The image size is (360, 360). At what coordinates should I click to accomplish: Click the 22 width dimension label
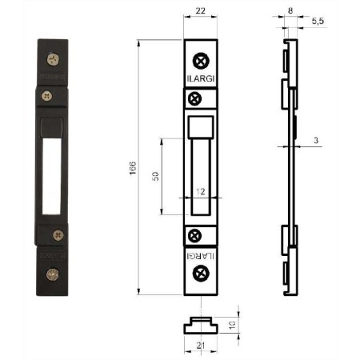[x=201, y=10]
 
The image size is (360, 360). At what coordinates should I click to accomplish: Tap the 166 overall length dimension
[x=133, y=168]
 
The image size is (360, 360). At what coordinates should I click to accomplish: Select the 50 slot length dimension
[x=155, y=176]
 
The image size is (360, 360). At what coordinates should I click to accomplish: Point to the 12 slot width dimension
[x=201, y=191]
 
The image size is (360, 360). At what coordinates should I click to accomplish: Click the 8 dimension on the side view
[x=290, y=10]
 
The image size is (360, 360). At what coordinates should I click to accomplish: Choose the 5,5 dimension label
[x=318, y=21]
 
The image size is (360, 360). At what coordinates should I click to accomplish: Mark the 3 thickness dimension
[x=316, y=140]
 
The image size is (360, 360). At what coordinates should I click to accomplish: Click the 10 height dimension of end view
[x=232, y=325]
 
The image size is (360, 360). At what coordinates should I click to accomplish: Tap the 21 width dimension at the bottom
[x=201, y=346]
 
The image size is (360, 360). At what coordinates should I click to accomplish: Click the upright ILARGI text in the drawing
[x=201, y=78]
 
